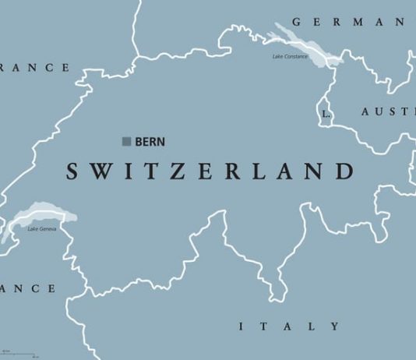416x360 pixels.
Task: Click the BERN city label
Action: pyautogui.click(x=150, y=142)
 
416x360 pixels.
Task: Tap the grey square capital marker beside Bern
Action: pyautogui.click(x=126, y=141)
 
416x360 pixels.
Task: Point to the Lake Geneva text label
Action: pyautogui.click(x=42, y=228)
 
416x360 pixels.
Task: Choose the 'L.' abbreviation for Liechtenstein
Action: pyautogui.click(x=326, y=114)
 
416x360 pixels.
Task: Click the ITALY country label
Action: pyautogui.click(x=289, y=326)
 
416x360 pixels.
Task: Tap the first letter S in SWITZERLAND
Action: pyautogui.click(x=72, y=171)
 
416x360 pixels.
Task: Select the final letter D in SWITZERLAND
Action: pyautogui.click(x=346, y=171)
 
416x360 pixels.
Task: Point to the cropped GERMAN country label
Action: pyautogui.click(x=351, y=22)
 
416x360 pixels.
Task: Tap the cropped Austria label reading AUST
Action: pyautogui.click(x=388, y=112)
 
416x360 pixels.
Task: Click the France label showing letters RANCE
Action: pyautogui.click(x=35, y=68)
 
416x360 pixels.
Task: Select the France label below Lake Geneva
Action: pyautogui.click(x=27, y=288)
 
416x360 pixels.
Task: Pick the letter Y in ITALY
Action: pyautogui.click(x=334, y=326)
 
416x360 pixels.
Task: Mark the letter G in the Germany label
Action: pyautogui.click(x=297, y=22)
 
